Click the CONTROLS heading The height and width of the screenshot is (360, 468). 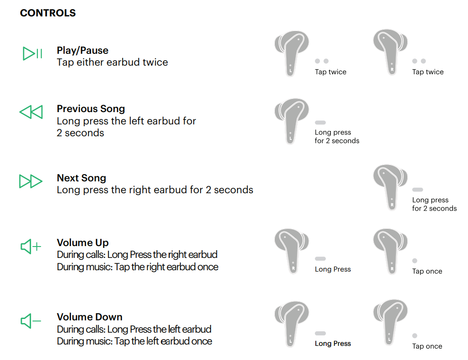click(48, 13)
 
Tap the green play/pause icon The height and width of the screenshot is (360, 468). click(32, 54)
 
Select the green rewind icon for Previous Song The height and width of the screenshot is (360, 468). click(31, 112)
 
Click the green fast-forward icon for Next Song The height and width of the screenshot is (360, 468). click(31, 181)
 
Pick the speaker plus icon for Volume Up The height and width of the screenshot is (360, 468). click(31, 247)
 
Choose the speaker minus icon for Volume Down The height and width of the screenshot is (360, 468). click(31, 321)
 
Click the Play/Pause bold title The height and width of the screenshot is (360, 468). click(82, 51)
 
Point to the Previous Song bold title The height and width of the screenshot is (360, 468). click(91, 108)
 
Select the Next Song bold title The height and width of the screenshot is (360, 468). click(82, 178)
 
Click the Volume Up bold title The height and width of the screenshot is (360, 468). click(82, 243)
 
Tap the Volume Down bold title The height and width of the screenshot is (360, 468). click(89, 317)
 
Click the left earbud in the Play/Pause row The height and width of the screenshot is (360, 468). click(291, 53)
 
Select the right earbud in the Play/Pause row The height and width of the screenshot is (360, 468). click(391, 52)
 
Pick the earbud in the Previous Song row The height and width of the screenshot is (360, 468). click(291, 121)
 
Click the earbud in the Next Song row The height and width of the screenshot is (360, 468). click(391, 187)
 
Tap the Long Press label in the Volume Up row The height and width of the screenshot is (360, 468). click(333, 269)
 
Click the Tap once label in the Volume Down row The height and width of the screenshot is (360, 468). click(427, 346)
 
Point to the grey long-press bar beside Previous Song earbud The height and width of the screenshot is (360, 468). click(320, 123)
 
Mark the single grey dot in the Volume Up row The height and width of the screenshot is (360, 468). click(415, 261)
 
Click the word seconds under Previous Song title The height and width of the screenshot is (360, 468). click(84, 133)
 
